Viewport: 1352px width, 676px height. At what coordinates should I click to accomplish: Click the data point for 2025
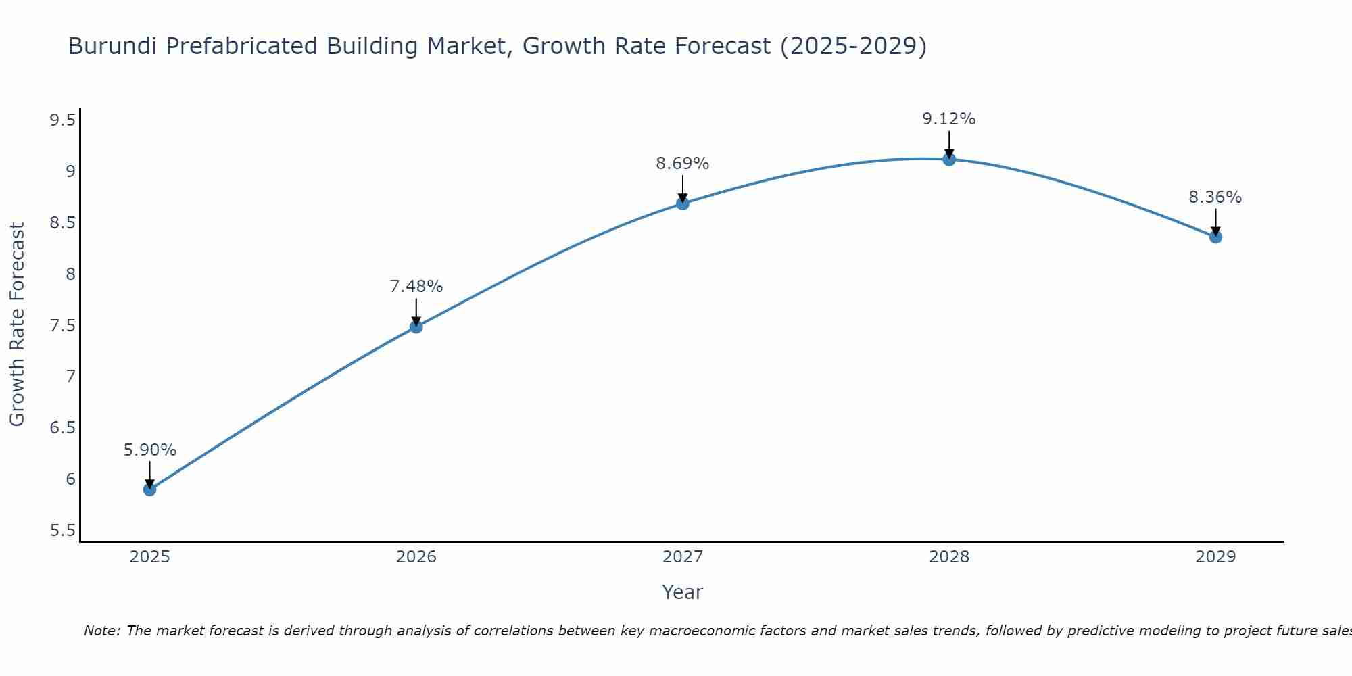(x=149, y=489)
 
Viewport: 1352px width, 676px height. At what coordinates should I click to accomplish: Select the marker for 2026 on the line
(x=416, y=327)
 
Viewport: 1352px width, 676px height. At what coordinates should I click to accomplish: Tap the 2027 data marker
(x=683, y=203)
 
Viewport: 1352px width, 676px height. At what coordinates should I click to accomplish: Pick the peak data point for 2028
(x=949, y=159)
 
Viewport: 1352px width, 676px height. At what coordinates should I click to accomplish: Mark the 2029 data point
(x=1215, y=237)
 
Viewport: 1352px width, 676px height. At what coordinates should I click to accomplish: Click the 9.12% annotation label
(x=949, y=119)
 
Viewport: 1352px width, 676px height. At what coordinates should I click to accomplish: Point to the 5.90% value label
(x=149, y=450)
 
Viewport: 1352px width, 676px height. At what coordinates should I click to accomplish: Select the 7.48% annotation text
(x=416, y=287)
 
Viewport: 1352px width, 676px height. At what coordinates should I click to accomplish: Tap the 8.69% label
(x=683, y=164)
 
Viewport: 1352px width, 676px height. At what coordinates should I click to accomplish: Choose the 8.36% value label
(x=1215, y=197)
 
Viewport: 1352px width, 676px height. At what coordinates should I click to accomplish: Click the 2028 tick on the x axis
(x=949, y=557)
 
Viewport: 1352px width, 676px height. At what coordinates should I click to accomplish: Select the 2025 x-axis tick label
(x=149, y=557)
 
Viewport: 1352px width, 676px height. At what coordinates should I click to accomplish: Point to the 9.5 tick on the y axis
(x=62, y=120)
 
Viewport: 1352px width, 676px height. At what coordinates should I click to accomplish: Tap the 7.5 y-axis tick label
(x=62, y=326)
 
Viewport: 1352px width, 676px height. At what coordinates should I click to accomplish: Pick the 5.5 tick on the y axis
(x=62, y=531)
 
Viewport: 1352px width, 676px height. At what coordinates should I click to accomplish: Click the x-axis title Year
(x=683, y=592)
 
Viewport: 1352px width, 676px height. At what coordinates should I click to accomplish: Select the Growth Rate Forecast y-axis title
(x=17, y=324)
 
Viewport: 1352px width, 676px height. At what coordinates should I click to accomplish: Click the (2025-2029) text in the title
(x=853, y=46)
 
